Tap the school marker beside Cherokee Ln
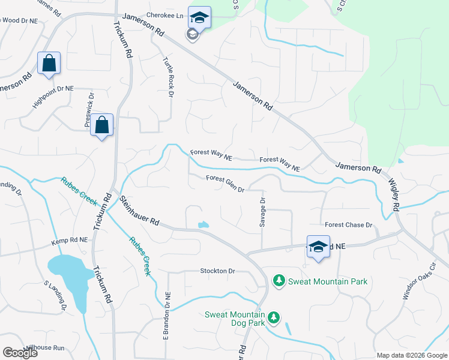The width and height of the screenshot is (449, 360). point(199,18)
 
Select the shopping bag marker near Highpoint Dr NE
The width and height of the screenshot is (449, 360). point(49,63)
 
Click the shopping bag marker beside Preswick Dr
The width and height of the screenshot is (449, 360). point(102,125)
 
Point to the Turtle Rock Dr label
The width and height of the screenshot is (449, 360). point(167,76)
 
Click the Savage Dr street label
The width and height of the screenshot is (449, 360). point(262,213)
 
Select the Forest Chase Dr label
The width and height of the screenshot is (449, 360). point(349,225)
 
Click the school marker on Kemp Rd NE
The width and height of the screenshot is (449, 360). point(319,247)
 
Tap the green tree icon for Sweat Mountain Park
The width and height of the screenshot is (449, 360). point(279,280)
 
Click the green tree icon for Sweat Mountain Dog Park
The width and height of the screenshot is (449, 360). point(274,316)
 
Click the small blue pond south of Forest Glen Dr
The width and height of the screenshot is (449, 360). point(203,225)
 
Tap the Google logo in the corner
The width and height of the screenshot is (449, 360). point(20,353)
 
